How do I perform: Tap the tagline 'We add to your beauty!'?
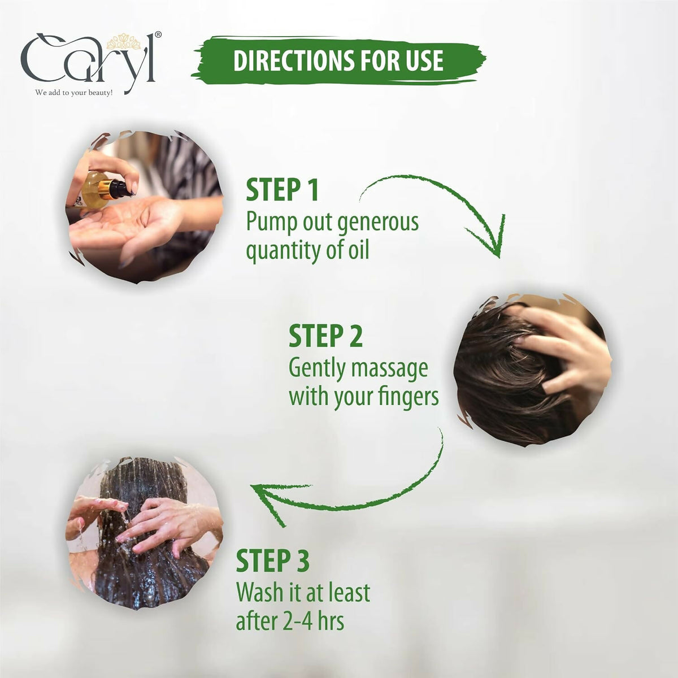73,93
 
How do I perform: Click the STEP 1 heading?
282,190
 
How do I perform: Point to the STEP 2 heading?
325,336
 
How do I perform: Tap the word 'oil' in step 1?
359,250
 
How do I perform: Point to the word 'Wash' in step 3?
260,593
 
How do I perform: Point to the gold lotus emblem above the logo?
124,42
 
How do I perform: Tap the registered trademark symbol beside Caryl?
158,34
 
